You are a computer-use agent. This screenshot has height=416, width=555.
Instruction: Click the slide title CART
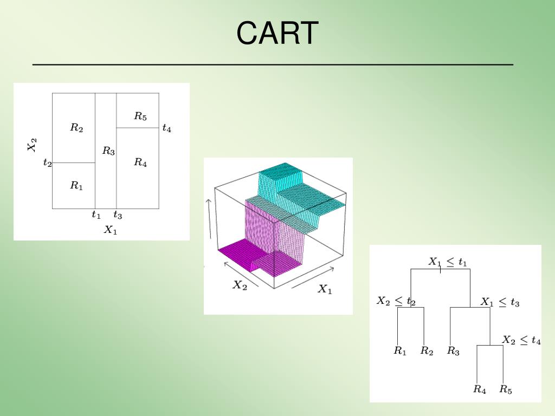click(x=277, y=33)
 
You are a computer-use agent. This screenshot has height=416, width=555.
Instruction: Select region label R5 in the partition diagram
click(x=140, y=116)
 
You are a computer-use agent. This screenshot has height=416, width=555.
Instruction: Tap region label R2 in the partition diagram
click(x=76, y=128)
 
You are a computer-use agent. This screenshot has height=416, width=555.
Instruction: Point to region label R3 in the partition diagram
click(x=108, y=151)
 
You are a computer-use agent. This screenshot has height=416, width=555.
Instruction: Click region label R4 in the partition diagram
click(x=140, y=162)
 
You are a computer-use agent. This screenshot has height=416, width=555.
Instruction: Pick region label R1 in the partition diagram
click(x=76, y=185)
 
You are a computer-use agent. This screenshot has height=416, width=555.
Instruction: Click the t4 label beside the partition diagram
click(x=167, y=129)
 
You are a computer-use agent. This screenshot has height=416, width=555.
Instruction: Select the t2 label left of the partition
click(x=48, y=162)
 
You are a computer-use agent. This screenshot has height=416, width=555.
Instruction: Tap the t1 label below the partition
click(x=96, y=215)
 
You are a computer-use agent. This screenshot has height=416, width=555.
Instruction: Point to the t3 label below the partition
click(x=118, y=216)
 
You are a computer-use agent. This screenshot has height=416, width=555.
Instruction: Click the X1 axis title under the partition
click(x=111, y=230)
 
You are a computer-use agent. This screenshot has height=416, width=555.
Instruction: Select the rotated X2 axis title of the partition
click(x=33, y=145)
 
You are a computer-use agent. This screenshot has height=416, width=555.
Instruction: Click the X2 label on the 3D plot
click(x=240, y=285)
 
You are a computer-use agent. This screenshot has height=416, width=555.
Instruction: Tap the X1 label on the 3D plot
click(x=324, y=289)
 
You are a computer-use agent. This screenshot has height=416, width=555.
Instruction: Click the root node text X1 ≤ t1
click(x=448, y=262)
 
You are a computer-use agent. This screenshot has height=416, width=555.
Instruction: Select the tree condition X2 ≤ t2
click(x=396, y=301)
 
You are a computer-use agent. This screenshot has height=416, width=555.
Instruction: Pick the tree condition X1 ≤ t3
click(x=500, y=302)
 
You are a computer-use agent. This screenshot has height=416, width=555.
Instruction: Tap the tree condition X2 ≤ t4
click(x=521, y=340)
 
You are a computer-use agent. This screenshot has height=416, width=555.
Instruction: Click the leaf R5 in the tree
click(x=506, y=389)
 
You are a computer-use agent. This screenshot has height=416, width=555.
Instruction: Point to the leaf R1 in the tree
click(x=400, y=351)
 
